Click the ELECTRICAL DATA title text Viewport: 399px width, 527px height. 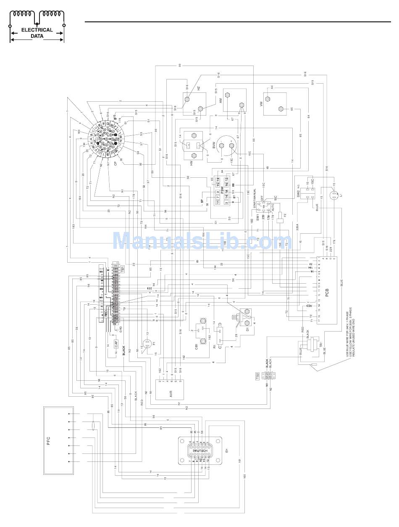pyautogui.click(x=37, y=33)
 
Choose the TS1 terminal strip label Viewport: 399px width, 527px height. pyautogui.click(x=122, y=269)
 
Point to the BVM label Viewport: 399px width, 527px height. pyautogui.click(x=214, y=145)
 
